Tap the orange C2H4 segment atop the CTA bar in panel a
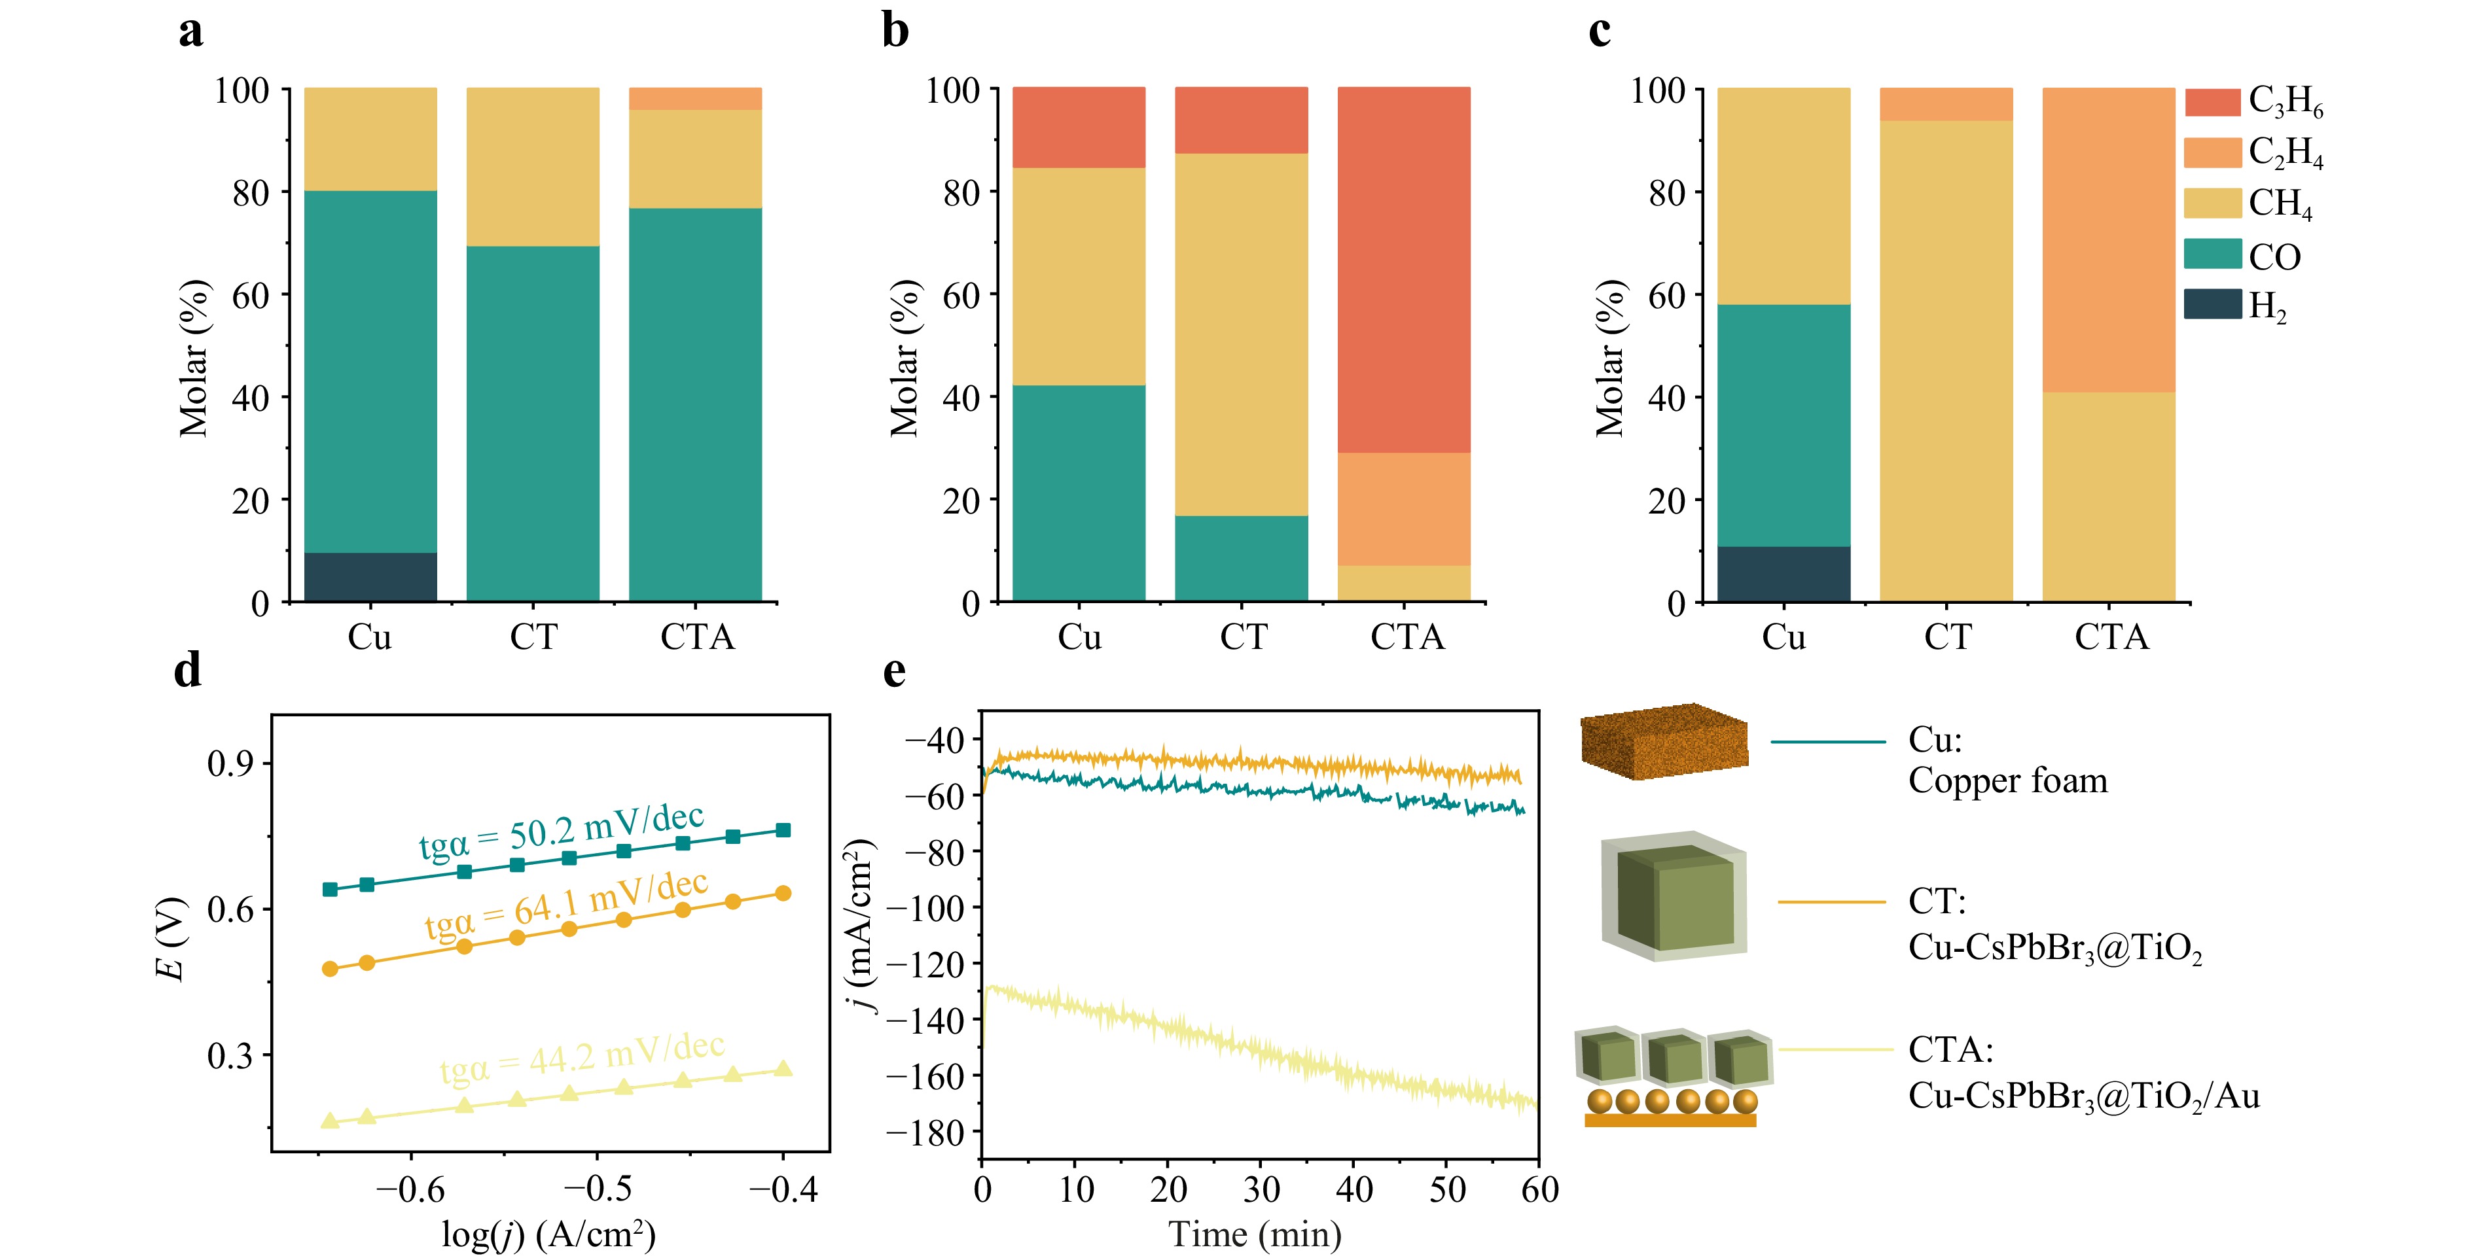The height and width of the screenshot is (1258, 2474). coord(695,99)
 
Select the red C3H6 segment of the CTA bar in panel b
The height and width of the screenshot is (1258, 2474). coord(1403,270)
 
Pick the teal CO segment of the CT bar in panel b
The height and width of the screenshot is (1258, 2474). coord(1241,558)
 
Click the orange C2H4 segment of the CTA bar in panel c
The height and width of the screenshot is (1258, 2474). coord(2108,240)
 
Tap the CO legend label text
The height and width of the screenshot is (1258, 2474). coord(2275,256)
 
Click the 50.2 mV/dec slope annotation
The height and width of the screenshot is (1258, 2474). coord(562,831)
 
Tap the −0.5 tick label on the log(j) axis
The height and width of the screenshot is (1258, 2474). coord(598,1190)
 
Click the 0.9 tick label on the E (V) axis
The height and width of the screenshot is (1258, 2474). coord(232,763)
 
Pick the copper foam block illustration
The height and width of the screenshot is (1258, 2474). coord(1664,741)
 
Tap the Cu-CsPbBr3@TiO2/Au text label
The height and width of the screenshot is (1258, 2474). coord(2083,1096)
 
